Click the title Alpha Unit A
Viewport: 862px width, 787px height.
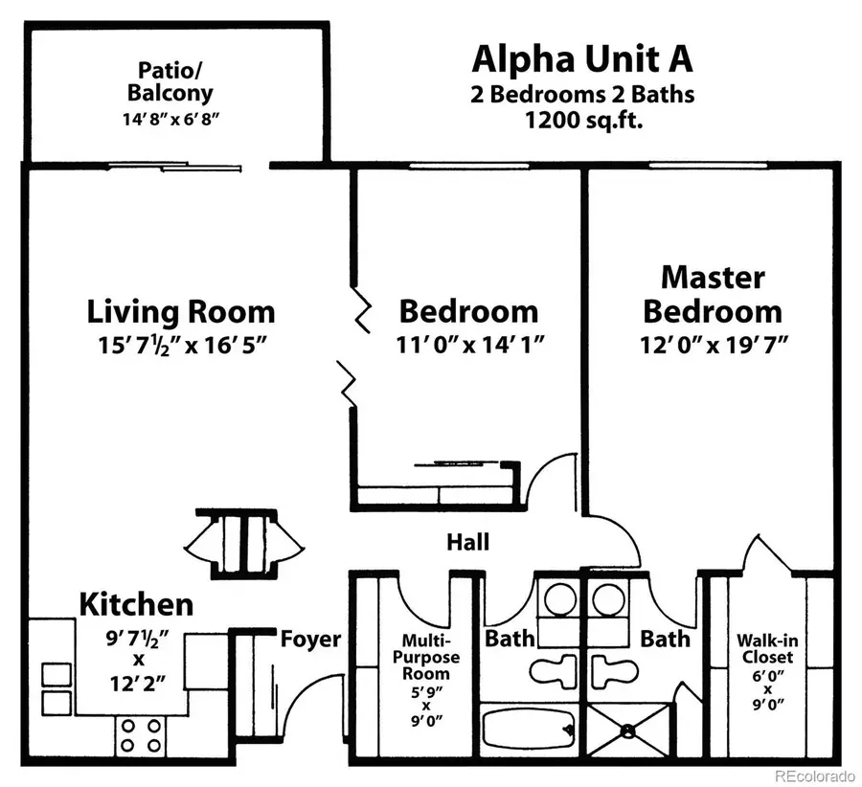(x=581, y=59)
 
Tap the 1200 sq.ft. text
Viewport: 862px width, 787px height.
(x=581, y=122)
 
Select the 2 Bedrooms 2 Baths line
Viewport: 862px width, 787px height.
(x=581, y=95)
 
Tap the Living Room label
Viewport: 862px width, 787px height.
(x=181, y=312)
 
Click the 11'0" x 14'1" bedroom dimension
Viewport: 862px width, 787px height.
(x=471, y=346)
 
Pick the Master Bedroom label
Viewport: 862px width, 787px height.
(x=713, y=294)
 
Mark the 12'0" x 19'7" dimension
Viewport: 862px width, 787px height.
(x=713, y=346)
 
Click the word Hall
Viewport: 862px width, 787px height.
(x=467, y=543)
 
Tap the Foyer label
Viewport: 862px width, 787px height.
(x=310, y=639)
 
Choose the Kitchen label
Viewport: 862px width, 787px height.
(x=135, y=605)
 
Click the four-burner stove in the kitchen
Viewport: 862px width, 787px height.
(x=141, y=735)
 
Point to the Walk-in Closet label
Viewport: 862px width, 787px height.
(x=764, y=649)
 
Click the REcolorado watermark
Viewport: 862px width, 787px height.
(x=814, y=775)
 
